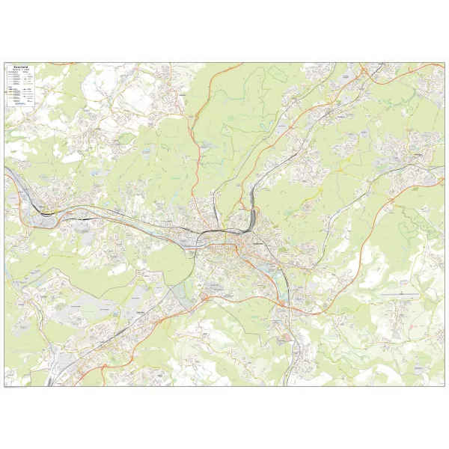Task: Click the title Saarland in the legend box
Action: [19, 66]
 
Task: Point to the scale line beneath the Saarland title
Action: [19, 72]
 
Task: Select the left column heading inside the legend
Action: [13, 74]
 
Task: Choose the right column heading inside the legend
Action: [26, 74]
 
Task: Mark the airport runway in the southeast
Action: [400, 296]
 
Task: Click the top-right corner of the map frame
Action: [444, 63]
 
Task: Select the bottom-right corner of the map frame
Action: [444, 385]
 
